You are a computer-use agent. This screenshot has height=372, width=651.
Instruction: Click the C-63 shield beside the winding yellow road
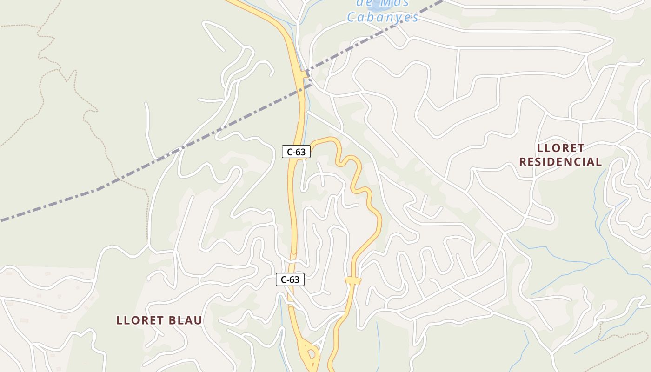[296, 152]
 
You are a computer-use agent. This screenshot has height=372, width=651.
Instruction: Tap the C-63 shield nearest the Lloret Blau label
[290, 279]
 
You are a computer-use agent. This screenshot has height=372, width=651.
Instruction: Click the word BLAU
[183, 320]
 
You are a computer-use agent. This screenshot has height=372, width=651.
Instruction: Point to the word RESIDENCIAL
[560, 162]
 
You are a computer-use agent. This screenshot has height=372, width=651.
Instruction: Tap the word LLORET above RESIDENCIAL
[560, 148]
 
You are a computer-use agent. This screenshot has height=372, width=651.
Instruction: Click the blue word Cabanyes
[383, 18]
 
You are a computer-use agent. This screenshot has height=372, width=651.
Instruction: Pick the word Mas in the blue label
[394, 4]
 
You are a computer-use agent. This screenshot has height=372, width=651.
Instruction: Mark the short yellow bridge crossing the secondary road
[353, 280]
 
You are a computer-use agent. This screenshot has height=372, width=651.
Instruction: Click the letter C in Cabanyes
[352, 18]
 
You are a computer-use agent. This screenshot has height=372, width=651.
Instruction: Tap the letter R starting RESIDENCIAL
[523, 162]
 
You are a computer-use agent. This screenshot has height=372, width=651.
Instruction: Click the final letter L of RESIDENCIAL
[598, 162]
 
